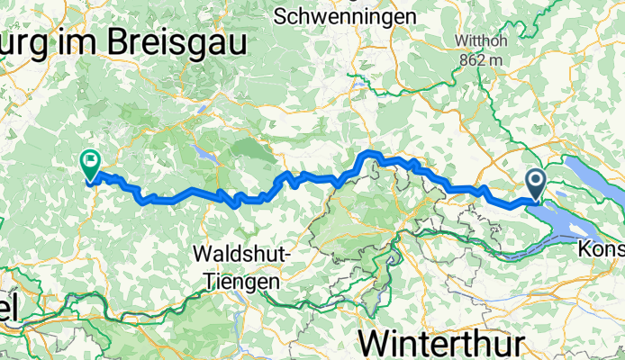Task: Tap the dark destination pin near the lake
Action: pos(536,184)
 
